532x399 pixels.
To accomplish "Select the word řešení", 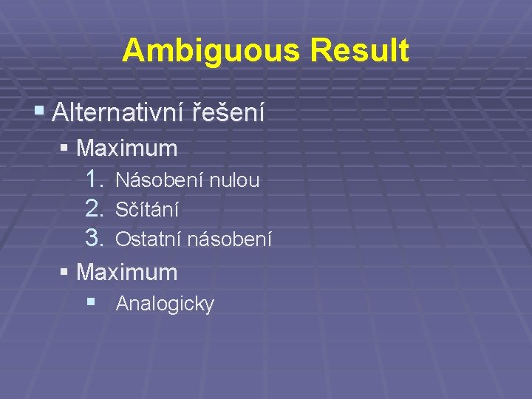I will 228,112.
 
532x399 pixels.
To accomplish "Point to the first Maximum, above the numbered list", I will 127,149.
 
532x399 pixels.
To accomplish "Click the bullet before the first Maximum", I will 64,148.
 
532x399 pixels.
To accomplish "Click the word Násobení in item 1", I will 160,180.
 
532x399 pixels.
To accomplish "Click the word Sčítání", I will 147,210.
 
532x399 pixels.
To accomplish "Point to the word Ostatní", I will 149,239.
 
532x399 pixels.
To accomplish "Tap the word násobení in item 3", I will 229,239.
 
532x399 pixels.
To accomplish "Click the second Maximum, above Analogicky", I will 127,273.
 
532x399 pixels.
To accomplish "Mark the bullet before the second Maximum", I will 64,273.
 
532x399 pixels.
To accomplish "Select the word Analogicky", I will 165,304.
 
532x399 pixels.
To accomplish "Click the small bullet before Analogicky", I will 90,301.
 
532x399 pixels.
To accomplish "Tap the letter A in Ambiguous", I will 132,51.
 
